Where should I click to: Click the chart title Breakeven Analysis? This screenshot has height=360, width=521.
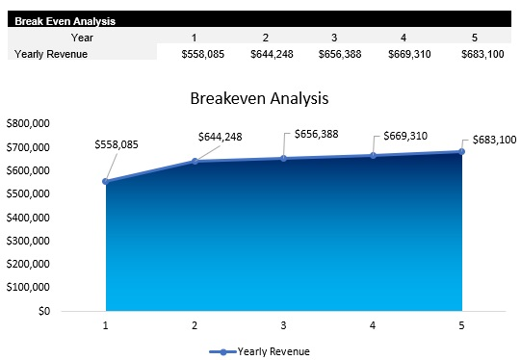(259, 98)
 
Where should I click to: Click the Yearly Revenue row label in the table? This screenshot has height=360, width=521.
(51, 54)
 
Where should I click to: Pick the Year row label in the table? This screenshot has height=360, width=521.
(82, 37)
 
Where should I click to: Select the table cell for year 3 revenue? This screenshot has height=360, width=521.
(341, 54)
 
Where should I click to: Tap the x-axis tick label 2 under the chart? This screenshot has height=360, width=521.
(195, 325)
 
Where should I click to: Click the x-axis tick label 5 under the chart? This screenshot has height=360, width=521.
(461, 325)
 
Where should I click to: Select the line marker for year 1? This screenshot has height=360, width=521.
(106, 181)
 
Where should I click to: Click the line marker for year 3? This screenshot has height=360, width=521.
(284, 158)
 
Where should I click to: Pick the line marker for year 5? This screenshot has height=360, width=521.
(461, 151)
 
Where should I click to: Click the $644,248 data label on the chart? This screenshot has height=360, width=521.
(219, 137)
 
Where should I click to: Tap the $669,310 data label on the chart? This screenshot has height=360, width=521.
(405, 137)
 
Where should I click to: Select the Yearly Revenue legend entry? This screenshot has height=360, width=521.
(264, 350)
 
